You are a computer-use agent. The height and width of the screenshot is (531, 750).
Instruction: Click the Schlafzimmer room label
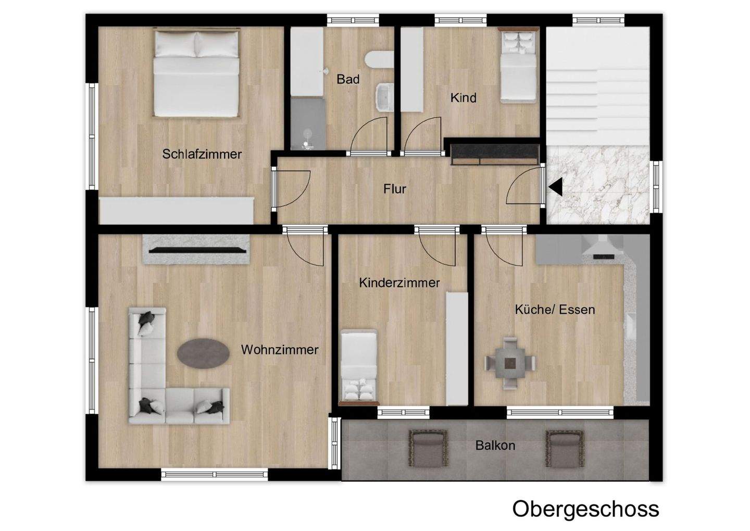pos(202,154)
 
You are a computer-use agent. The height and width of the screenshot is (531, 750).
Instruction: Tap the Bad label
pos(347,79)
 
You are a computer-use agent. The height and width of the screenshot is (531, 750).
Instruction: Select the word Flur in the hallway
pos(394,189)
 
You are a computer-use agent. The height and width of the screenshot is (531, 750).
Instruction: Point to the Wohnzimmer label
pos(279,350)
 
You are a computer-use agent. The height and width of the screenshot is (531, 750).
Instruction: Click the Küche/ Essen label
pos(555,310)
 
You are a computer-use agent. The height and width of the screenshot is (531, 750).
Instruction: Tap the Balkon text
pos(495,446)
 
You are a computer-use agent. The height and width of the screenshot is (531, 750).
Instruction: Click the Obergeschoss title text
pos(585,509)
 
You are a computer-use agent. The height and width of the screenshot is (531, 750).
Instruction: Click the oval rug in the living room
pos(203,354)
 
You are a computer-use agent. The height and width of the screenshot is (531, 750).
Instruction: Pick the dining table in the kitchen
pos(510,363)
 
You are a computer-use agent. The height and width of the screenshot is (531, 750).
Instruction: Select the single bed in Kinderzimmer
pos(358,367)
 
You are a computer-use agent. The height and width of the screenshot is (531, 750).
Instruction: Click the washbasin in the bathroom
pos(384,97)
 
